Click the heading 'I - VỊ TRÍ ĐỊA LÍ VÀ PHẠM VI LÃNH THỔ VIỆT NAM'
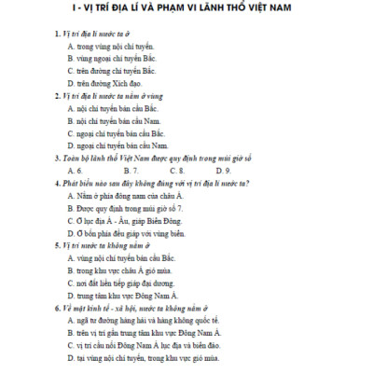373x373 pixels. pyautogui.click(x=186, y=9)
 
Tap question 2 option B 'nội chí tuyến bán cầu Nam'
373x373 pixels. pyautogui.click(x=117, y=120)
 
